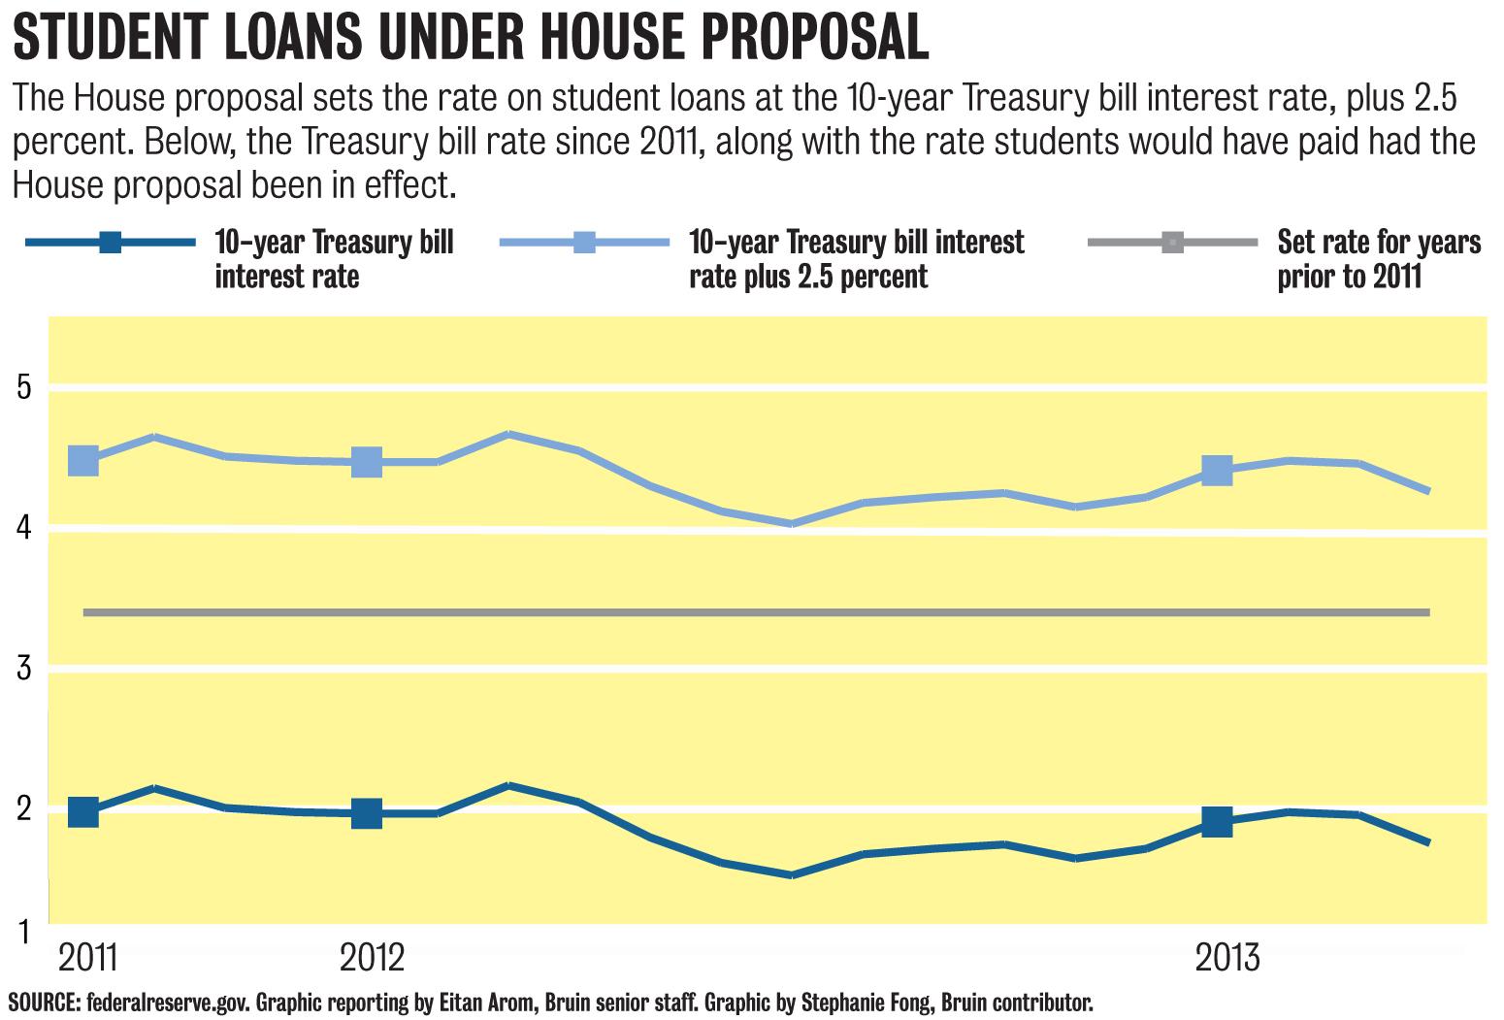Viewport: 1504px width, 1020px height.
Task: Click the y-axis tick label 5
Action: click(24, 387)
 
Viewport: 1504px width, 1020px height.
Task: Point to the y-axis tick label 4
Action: click(24, 528)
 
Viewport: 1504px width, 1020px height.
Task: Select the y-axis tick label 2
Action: click(24, 807)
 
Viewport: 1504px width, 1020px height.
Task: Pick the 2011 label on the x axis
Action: click(88, 957)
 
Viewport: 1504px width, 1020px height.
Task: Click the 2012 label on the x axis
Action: click(372, 957)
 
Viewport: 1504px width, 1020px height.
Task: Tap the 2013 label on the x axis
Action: click(1227, 957)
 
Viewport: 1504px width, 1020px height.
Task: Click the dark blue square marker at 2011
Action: click(83, 811)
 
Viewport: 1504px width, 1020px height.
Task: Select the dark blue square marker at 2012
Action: click(367, 813)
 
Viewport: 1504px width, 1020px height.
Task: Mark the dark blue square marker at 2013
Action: click(1217, 822)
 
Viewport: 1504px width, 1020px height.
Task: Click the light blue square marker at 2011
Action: click(83, 460)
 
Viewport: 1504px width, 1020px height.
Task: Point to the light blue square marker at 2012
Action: click(367, 462)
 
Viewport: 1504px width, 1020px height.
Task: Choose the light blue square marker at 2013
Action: click(1217, 471)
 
